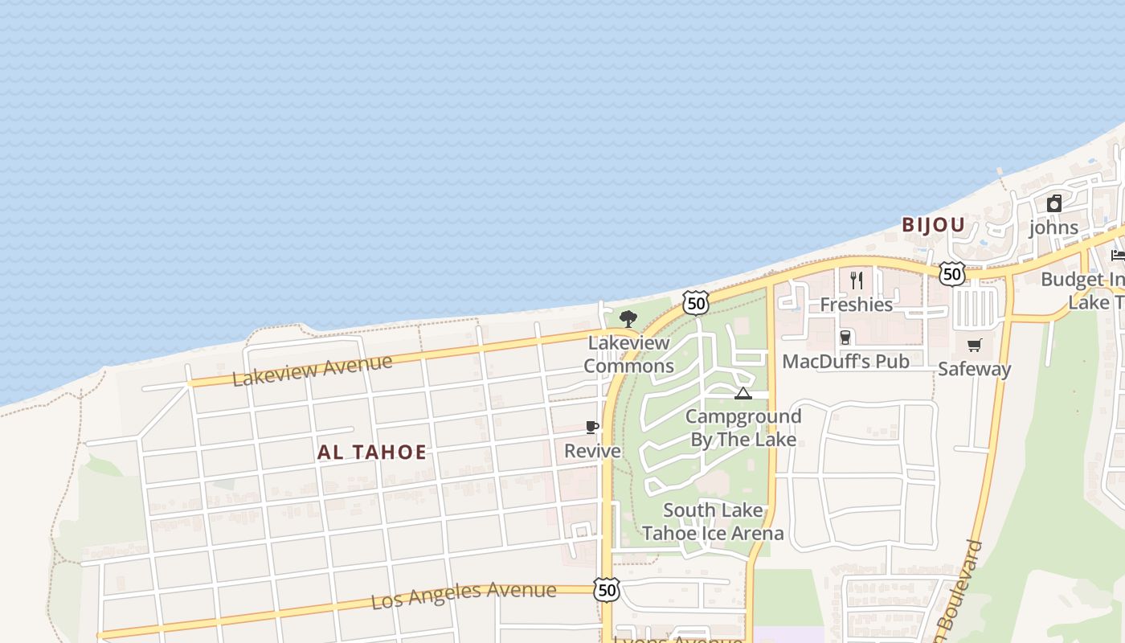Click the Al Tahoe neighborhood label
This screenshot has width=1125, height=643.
371,452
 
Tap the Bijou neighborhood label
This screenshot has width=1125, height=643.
933,225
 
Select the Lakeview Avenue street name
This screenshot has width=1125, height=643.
312,370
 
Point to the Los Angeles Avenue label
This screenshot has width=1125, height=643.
464,596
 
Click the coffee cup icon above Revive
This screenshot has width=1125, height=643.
592,428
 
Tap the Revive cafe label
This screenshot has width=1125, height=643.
592,451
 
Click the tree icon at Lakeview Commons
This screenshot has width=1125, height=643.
628,319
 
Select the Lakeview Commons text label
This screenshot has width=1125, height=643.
628,354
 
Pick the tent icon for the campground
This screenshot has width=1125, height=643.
742,393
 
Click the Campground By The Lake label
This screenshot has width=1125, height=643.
743,428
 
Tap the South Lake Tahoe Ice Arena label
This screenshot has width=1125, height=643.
713,522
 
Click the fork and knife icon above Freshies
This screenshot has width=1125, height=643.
857,281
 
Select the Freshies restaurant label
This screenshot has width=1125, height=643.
857,305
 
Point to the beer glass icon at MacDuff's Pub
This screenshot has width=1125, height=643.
845,338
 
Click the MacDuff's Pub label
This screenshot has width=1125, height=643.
845,362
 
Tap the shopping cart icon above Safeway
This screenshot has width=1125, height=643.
975,346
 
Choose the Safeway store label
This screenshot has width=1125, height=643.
975,369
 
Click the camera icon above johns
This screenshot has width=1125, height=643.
1053,204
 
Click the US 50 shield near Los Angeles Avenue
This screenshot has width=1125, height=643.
607,590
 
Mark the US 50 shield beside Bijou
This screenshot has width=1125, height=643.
952,274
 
